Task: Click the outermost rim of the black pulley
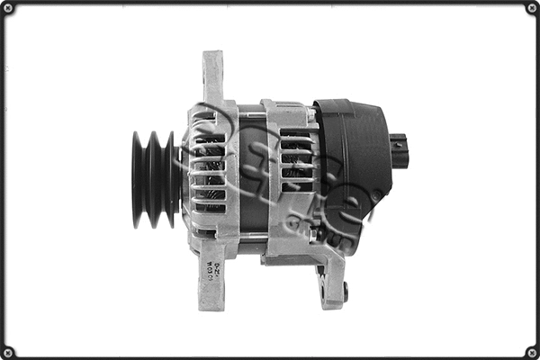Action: (x=138, y=180)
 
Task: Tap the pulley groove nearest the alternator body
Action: (x=171, y=180)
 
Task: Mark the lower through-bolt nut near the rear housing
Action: (x=312, y=236)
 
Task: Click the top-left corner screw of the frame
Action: (x=8, y=8)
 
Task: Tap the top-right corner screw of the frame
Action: (x=531, y=8)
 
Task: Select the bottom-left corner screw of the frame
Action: (x=8, y=351)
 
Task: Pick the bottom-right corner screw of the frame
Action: (x=531, y=351)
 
